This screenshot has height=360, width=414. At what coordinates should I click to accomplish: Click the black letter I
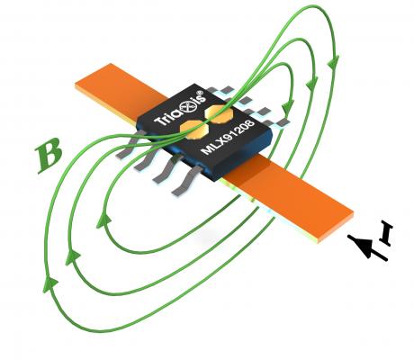click(x=386, y=233)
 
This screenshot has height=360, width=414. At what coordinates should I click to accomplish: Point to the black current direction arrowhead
click(x=359, y=245)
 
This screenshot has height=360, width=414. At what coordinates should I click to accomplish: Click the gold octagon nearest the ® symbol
click(x=218, y=114)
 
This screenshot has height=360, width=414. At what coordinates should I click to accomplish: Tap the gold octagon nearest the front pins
click(x=193, y=130)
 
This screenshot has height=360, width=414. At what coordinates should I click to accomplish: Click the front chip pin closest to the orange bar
click(x=187, y=181)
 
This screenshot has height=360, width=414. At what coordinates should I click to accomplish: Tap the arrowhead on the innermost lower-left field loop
click(x=103, y=220)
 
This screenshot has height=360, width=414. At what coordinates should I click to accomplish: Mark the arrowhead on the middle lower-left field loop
click(x=72, y=257)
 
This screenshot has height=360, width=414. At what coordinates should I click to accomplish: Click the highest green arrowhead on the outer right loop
click(x=333, y=62)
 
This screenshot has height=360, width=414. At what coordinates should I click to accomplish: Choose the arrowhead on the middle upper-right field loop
click(x=312, y=82)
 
